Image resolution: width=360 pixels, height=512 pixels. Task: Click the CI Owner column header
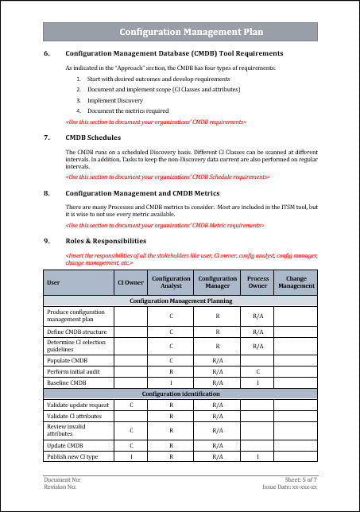click(130, 281)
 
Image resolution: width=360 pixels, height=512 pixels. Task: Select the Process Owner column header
click(257, 281)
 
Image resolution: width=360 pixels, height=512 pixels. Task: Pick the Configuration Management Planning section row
click(180, 302)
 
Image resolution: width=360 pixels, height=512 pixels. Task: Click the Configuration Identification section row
click(180, 394)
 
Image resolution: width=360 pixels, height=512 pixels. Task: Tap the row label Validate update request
click(78, 405)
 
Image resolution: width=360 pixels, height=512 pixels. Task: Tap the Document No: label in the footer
click(62, 480)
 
